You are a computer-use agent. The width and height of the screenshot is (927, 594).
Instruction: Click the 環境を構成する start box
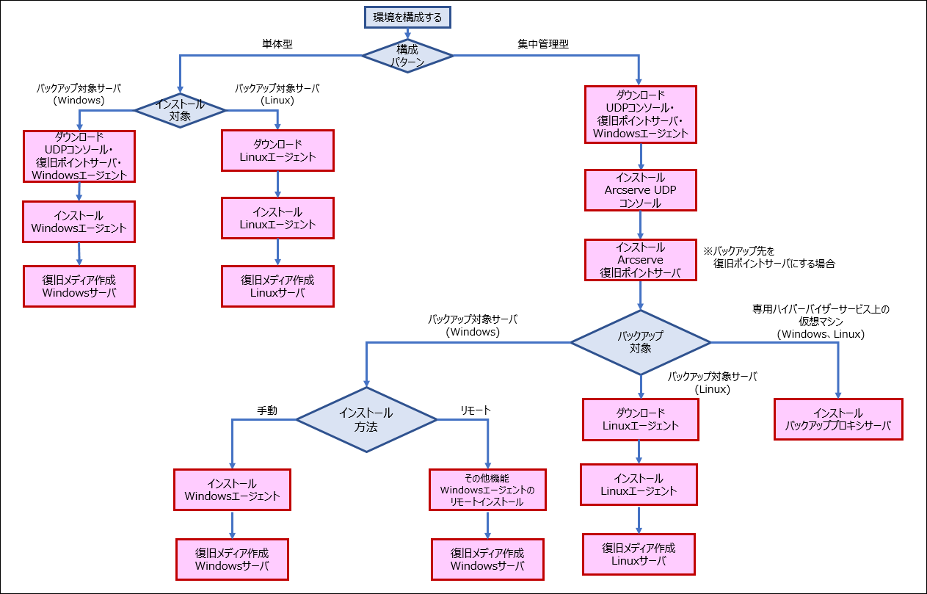[x=407, y=18]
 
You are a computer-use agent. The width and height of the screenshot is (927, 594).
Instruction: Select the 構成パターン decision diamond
[x=407, y=56]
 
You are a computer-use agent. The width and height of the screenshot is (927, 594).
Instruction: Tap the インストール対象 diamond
[x=180, y=109]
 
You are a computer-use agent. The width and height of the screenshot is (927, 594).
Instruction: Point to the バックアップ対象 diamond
[x=640, y=341]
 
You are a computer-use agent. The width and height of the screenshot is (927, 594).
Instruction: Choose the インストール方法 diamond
[x=366, y=419]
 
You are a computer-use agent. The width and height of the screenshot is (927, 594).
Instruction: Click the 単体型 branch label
[x=277, y=44]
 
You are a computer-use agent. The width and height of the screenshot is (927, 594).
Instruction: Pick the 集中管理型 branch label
[x=543, y=44]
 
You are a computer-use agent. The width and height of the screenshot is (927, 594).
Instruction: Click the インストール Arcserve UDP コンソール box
[x=641, y=190]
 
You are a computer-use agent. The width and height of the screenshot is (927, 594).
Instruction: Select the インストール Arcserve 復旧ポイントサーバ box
[x=641, y=260]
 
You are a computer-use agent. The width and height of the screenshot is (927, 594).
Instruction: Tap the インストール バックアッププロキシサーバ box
[x=837, y=419]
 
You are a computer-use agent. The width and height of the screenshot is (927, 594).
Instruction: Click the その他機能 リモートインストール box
[x=487, y=490]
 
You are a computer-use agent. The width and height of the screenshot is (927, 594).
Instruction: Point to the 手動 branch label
[x=267, y=411]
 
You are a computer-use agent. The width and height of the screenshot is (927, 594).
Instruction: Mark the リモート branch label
[x=476, y=410]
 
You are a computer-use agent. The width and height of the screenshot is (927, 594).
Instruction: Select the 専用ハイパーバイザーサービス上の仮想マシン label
[x=821, y=321]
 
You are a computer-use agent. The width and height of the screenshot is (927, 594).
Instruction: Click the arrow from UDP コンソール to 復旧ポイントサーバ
[x=641, y=225]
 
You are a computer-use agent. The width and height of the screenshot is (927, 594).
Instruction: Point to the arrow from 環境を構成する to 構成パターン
[x=407, y=33]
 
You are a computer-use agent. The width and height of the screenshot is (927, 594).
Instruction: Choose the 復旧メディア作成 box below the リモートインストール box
[x=487, y=559]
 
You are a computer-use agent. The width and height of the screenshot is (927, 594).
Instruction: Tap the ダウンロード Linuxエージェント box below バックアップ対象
[x=640, y=419]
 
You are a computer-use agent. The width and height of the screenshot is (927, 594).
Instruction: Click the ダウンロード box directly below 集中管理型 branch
[x=641, y=115]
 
